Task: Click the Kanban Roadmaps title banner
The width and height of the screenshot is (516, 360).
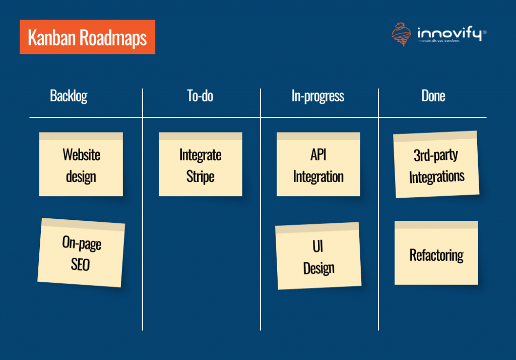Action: pyautogui.click(x=87, y=37)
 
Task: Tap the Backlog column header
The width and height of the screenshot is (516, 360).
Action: pyautogui.click(x=69, y=96)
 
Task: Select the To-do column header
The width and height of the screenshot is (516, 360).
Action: pyautogui.click(x=200, y=96)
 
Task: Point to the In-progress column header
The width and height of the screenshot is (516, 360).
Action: pyautogui.click(x=317, y=96)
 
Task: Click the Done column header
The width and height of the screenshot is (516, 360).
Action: pyautogui.click(x=433, y=96)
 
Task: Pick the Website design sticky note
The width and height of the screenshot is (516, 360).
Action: pyautogui.click(x=81, y=165)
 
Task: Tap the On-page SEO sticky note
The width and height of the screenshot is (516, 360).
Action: pyautogui.click(x=81, y=253)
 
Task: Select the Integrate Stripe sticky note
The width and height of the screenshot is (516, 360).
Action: pyautogui.click(x=200, y=165)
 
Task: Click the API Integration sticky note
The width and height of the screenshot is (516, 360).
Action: pyautogui.click(x=318, y=165)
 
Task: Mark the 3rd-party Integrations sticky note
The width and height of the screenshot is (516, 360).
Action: pyautogui.click(x=436, y=165)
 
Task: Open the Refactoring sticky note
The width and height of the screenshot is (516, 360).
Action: pyautogui.click(x=436, y=253)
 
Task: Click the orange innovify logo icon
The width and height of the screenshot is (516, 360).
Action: pyautogui.click(x=401, y=35)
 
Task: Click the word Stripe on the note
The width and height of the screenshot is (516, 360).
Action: pyautogui.click(x=200, y=177)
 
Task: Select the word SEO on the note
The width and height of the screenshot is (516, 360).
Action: pyautogui.click(x=80, y=264)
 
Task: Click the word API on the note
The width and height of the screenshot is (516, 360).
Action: pyautogui.click(x=318, y=154)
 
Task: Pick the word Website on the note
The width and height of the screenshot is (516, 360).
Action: pyautogui.click(x=81, y=154)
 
